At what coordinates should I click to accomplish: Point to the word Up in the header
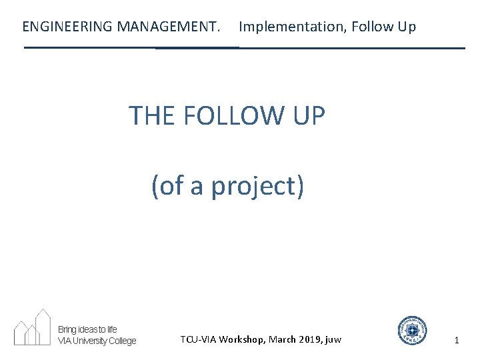coord(407,27)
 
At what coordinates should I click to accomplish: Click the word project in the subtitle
coord(257,186)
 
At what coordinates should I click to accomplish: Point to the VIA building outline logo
coord(33,327)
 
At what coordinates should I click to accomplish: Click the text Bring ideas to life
coord(87,329)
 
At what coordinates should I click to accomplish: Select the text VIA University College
coord(97,341)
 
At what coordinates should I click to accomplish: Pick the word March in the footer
coord(283,339)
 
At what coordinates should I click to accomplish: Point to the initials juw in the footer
coord(333,339)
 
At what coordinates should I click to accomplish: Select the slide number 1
coord(457,340)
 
